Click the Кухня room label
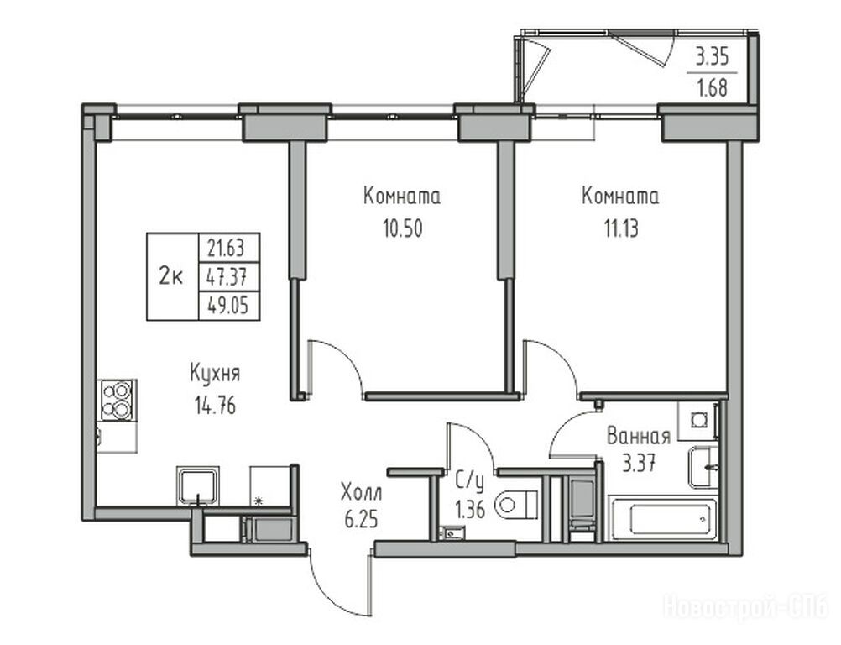215,374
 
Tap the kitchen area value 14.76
215,406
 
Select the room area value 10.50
402,228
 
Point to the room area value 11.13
621,229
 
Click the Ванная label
638,436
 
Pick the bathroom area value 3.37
638,462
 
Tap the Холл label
362,491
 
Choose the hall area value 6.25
362,519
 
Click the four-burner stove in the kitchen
118,399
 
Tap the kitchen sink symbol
198,485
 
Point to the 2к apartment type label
171,277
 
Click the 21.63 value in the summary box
225,248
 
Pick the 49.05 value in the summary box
228,306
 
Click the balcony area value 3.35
712,56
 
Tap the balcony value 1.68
712,88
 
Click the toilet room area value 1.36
470,509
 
